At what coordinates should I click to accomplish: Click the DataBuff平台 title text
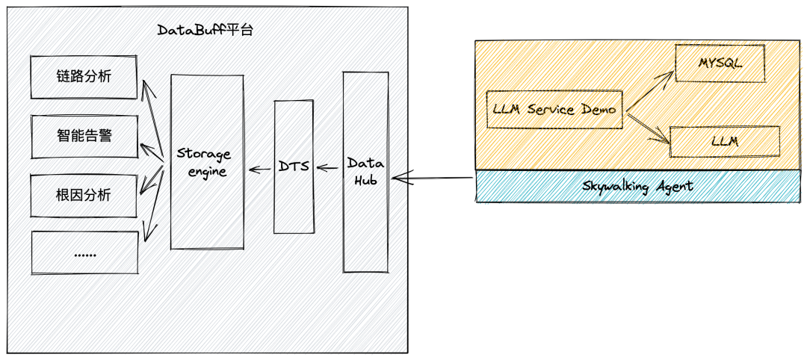coord(205,31)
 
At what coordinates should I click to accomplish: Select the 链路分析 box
coord(84,77)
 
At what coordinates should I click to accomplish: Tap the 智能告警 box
coord(84,136)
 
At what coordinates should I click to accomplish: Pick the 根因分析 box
coord(84,196)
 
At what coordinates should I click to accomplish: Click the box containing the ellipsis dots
coord(84,252)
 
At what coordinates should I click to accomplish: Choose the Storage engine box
coord(207,161)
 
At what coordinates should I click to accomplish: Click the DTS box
coord(293,166)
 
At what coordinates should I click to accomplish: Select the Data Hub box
coord(365,172)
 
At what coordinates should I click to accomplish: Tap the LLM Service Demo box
coord(554,110)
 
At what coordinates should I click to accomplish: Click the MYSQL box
coord(720,63)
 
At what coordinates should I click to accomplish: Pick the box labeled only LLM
coord(724,142)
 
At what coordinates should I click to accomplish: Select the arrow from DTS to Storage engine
coord(260,170)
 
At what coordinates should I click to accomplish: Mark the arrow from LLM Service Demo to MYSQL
coord(649,92)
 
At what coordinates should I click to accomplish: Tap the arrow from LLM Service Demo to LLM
coord(646,127)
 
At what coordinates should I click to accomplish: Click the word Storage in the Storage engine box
coord(204,154)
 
